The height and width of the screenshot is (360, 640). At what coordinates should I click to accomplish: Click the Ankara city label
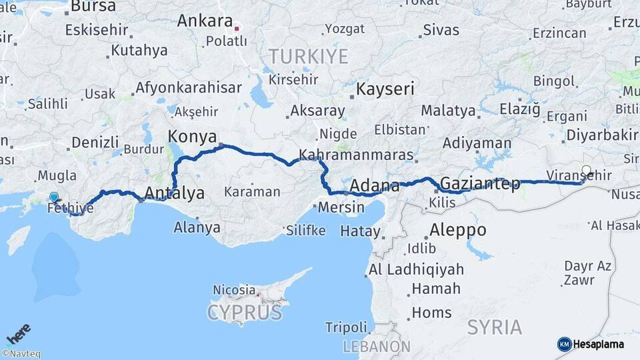point(204,21)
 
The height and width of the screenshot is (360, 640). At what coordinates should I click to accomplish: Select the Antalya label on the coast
point(174,194)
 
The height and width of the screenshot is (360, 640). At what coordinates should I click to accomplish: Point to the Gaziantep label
point(480,184)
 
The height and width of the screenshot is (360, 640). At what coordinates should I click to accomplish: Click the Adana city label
point(374,185)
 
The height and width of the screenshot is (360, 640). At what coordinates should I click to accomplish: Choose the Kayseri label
point(385,89)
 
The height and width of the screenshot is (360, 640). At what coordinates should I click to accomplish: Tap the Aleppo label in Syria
point(457,230)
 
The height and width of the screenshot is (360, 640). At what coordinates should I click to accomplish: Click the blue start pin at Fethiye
point(54,197)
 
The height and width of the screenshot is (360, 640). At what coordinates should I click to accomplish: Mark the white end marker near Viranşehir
point(587,169)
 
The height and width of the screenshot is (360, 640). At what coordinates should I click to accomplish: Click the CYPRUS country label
point(244,312)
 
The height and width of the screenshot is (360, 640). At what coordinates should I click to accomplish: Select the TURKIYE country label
point(308,56)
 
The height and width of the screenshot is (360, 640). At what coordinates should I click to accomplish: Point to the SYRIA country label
point(495,327)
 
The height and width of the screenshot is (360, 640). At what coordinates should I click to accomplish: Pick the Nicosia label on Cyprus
point(234,289)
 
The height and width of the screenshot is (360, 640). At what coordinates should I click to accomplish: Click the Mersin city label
point(341,207)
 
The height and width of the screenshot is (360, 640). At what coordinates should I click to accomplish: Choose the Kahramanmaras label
point(356,155)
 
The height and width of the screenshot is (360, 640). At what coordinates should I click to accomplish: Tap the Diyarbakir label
point(602,135)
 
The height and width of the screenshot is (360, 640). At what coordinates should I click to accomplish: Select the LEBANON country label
point(377,347)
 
